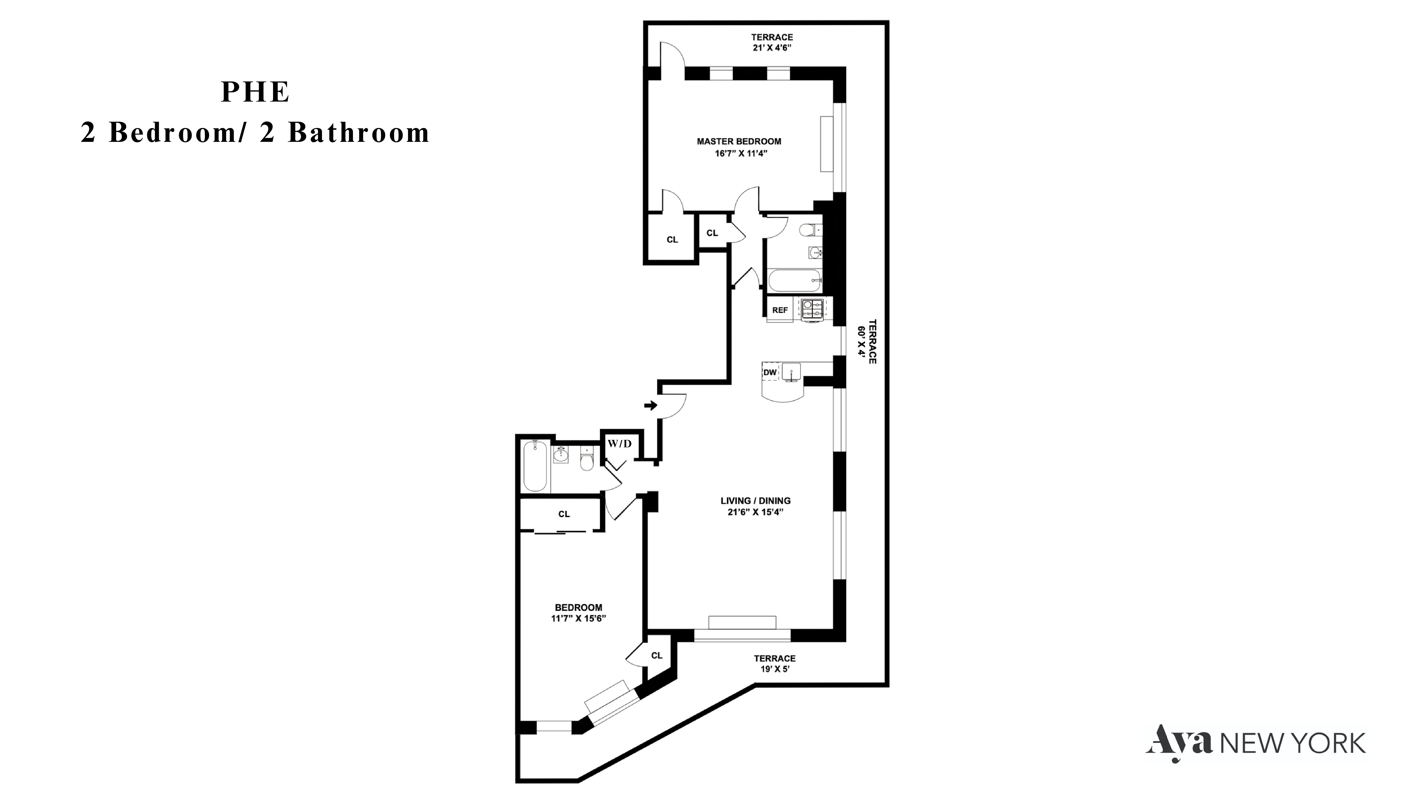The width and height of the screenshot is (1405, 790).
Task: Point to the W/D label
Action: point(620,444)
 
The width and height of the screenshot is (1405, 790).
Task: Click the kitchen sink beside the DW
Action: point(791,372)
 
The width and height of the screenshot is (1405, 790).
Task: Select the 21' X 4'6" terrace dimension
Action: point(772,48)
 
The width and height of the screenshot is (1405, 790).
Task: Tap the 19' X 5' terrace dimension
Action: point(774,669)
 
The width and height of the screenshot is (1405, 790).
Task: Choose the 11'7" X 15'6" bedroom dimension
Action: point(578,618)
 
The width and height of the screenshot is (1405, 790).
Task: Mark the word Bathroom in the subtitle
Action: point(358,132)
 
